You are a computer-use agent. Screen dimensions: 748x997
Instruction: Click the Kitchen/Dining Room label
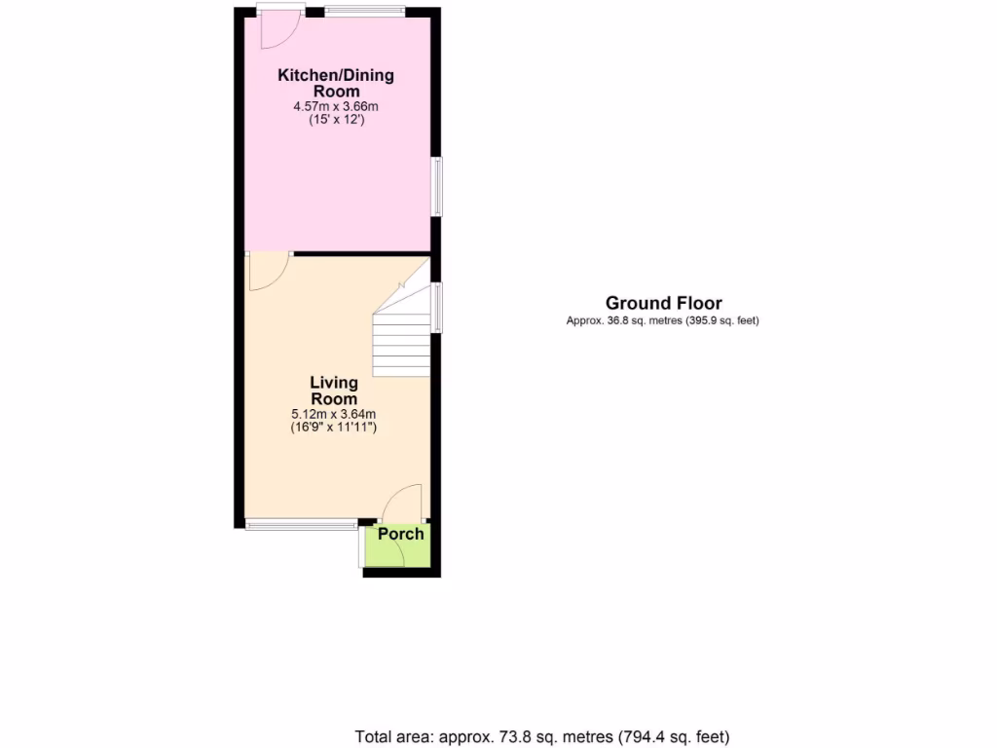pos(336,83)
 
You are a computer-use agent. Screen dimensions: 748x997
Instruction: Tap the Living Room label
pos(334,391)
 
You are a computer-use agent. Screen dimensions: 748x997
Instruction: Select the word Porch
pos(400,534)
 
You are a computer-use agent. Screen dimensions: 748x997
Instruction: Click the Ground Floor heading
pos(663,303)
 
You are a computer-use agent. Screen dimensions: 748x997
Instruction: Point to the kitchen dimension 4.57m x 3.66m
pos(336,106)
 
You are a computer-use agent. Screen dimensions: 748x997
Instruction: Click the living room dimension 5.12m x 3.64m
pos(334,413)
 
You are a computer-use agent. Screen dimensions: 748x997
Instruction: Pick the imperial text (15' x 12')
pos(336,120)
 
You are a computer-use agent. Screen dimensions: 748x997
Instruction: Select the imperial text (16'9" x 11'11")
pos(334,427)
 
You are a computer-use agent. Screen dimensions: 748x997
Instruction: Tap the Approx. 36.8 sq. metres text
pos(662,320)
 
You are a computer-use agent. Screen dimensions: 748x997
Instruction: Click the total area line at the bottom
pos(542,736)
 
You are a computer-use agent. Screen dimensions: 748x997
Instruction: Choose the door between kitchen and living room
pos(267,272)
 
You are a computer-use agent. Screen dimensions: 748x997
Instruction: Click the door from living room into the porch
pos(402,504)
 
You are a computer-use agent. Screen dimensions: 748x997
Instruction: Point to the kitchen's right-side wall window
pos(437,187)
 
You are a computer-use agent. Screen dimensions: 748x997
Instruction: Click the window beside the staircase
pos(437,307)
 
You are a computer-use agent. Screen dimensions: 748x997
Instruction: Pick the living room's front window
pos(301,525)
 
